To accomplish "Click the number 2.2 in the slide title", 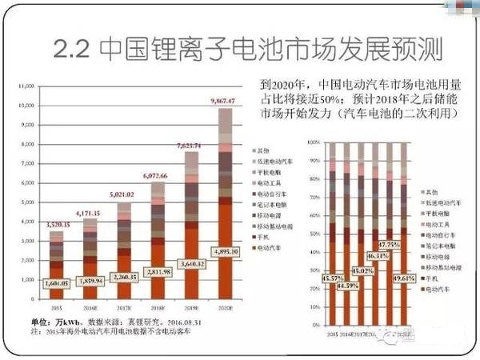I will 74,50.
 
